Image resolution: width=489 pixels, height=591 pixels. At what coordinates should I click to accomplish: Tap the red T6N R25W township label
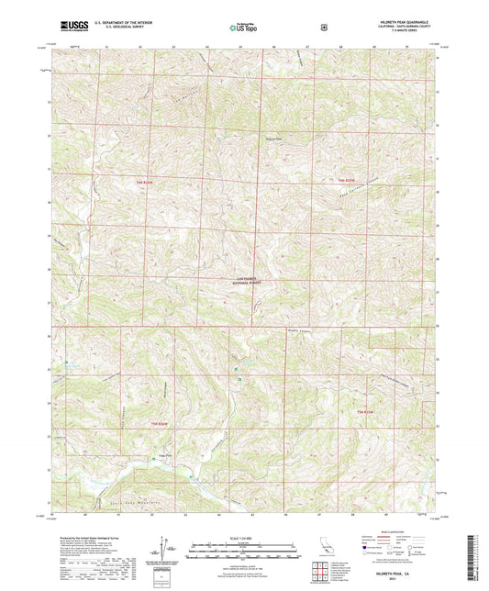tap(344, 180)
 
